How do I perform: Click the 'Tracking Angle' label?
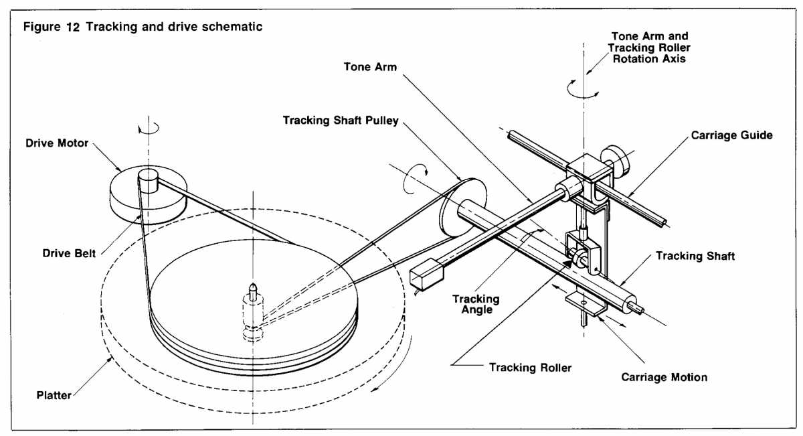[x=475, y=304]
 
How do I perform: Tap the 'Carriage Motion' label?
[x=664, y=377]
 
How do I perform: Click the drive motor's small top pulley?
[x=147, y=179]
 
